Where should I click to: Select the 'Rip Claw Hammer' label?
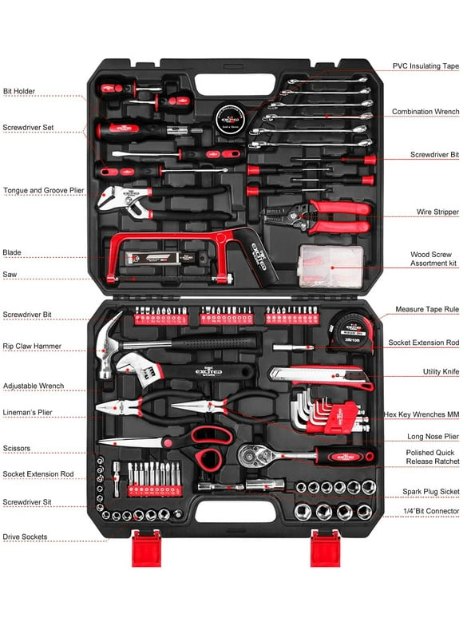point(32,346)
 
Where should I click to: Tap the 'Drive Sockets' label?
point(25,537)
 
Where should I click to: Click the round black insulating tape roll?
point(232,113)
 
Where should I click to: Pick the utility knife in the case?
point(319,376)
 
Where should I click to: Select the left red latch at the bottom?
point(146,549)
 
